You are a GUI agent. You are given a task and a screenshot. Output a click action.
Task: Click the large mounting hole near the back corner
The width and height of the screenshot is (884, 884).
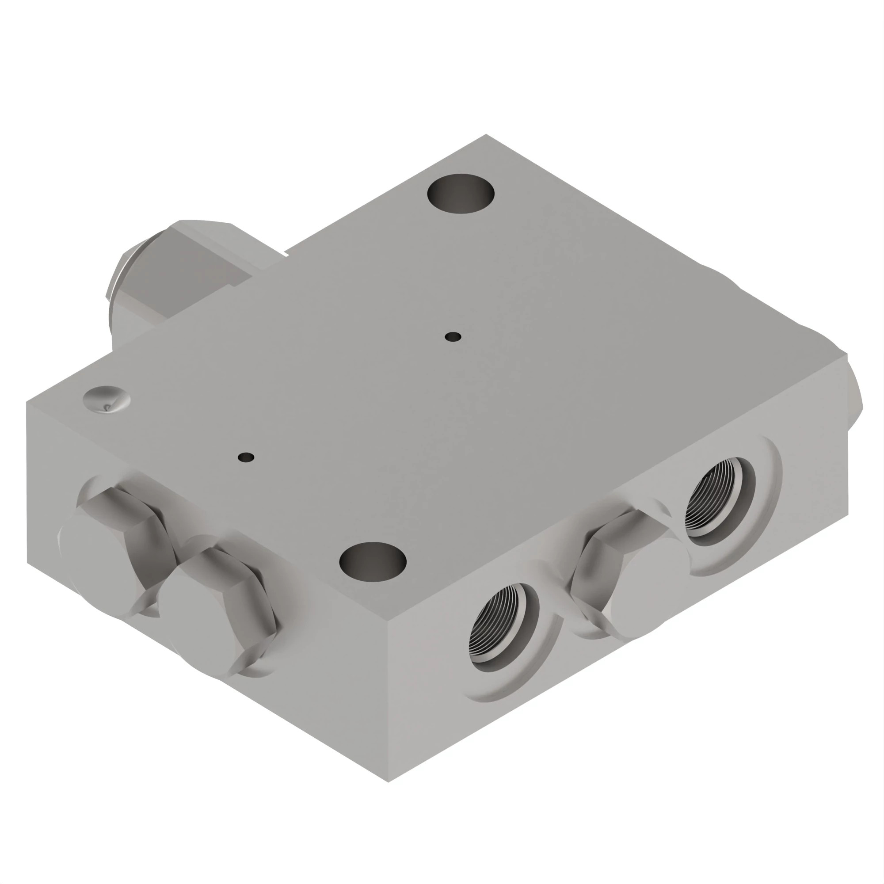coord(460,193)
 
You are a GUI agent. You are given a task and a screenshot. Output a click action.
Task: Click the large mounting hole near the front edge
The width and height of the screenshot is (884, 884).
coord(373,562)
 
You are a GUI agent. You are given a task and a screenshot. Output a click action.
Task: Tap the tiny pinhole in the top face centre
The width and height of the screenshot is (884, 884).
coord(453,337)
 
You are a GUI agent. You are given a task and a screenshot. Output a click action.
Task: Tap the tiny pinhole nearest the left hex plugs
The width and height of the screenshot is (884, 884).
coord(246,457)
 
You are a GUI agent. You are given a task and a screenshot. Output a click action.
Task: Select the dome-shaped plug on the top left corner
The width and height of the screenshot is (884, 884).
coord(107,399)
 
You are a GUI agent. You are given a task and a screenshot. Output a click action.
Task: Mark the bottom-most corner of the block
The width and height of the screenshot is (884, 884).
coord(388,781)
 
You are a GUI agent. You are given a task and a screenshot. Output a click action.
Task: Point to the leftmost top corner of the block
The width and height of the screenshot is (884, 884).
coord(27,402)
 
